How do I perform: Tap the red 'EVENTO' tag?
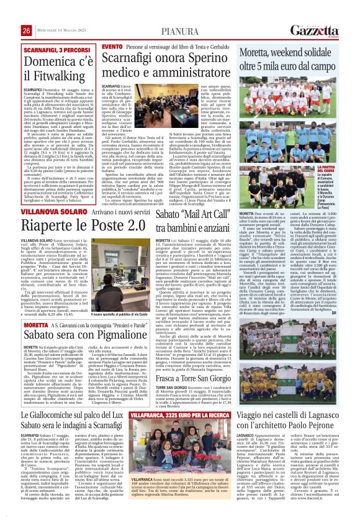(x=112, y=47)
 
